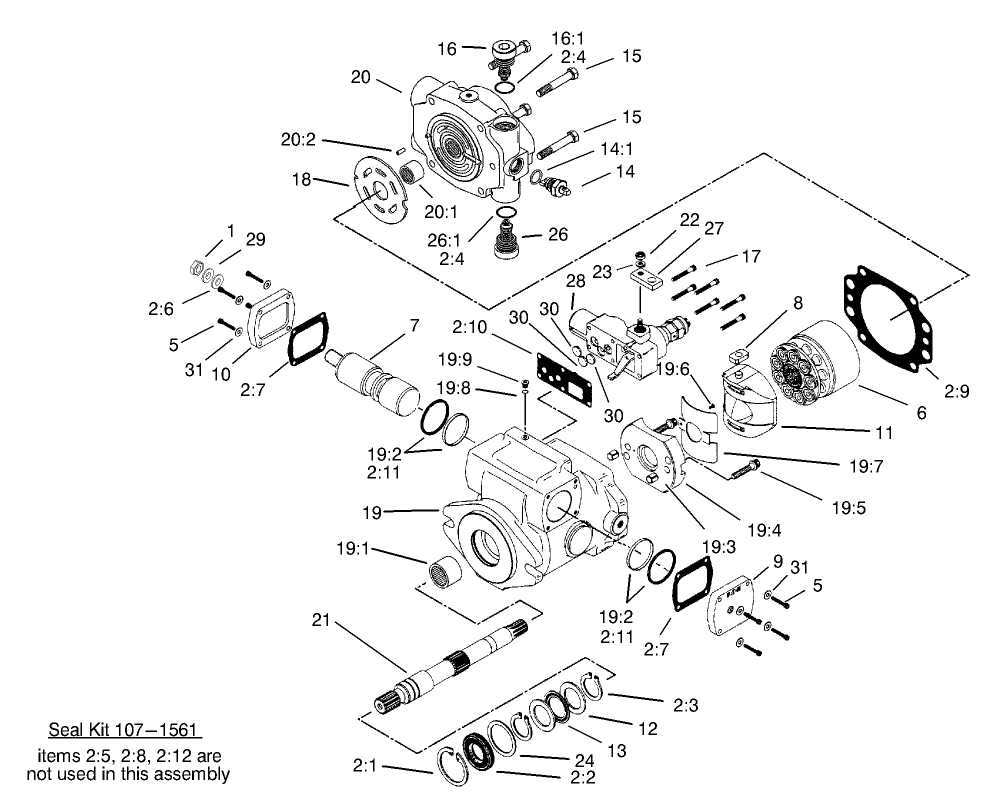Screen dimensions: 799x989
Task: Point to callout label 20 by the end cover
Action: point(361,76)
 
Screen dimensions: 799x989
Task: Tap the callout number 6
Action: point(921,412)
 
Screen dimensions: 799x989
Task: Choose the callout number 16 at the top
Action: point(446,47)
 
